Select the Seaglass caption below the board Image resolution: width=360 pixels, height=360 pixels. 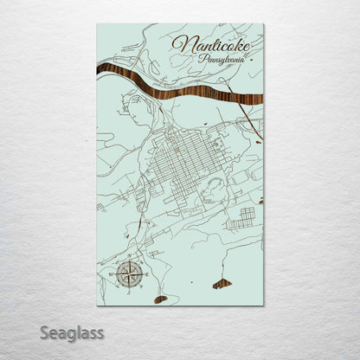coord(73,332)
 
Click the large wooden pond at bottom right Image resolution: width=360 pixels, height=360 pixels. coord(222,283)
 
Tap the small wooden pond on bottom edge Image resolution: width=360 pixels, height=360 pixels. coord(160,299)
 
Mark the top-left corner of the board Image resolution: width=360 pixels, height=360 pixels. coord(97,24)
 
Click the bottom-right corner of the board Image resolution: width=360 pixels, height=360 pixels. coord(263,305)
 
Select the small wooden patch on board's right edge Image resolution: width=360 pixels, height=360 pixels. coord(260,200)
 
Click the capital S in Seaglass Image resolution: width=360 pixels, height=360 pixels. coord(45,331)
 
